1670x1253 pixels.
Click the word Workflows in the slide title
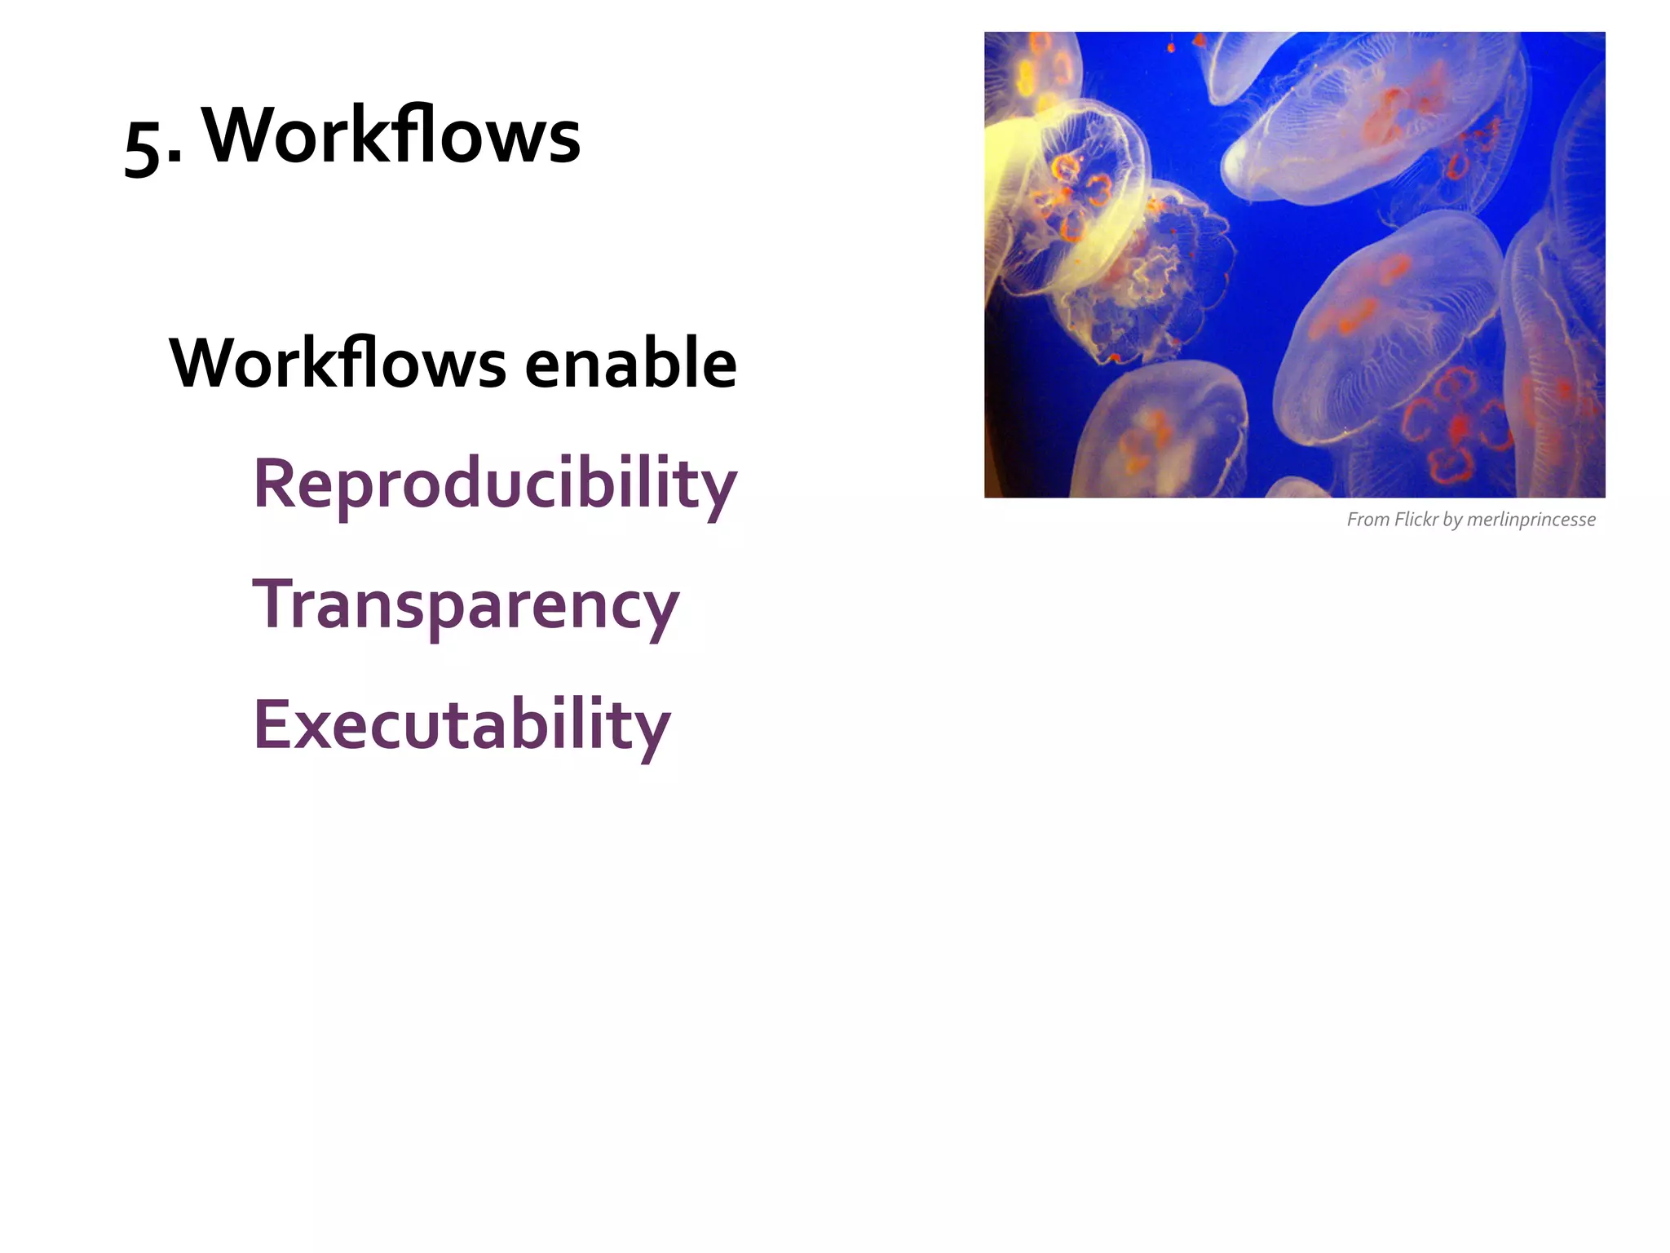point(391,135)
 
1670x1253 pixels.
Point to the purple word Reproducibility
point(495,485)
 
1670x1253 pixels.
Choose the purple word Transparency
point(466,606)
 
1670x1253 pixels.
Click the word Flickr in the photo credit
point(1416,520)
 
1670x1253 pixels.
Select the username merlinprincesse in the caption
point(1531,520)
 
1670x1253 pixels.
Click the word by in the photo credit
point(1452,520)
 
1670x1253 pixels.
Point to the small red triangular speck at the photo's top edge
point(1199,39)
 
